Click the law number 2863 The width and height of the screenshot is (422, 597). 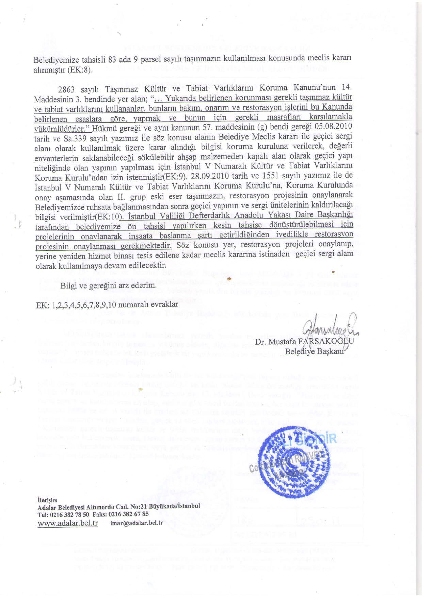[68, 89]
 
